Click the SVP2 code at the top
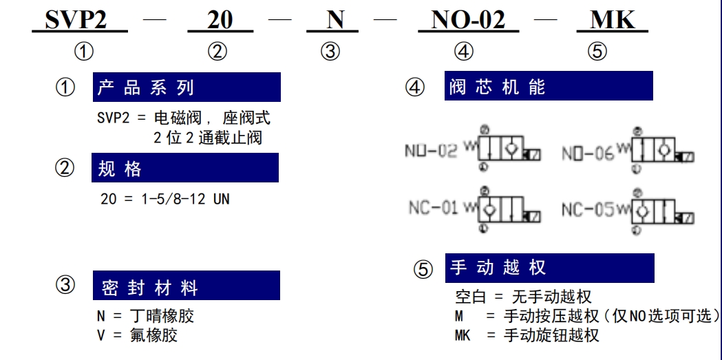(76, 19)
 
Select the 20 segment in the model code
(220, 20)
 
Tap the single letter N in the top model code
(335, 20)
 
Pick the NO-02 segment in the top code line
(468, 20)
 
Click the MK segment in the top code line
(613, 20)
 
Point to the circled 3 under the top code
(330, 52)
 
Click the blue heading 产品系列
(187, 87)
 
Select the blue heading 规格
(185, 167)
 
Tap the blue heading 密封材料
(187, 286)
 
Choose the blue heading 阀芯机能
(549, 85)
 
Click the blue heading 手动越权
(549, 268)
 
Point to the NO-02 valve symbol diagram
(507, 148)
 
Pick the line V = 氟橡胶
(137, 335)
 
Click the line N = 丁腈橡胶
(145, 316)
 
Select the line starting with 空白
(523, 297)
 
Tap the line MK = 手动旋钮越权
(527, 335)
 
